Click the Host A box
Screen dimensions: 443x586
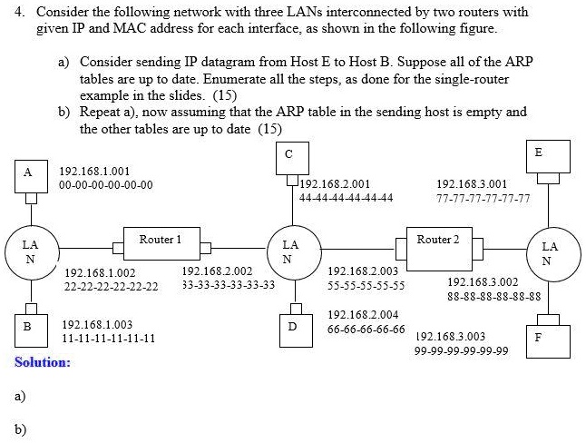[x=28, y=172]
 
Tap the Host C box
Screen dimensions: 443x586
[x=288, y=154]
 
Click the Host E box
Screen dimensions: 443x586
[x=539, y=153]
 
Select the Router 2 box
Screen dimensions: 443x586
[x=439, y=243]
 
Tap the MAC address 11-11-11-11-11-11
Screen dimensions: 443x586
[x=108, y=338]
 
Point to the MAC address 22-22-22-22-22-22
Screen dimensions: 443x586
[x=112, y=286]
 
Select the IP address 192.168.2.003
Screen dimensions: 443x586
[x=362, y=271]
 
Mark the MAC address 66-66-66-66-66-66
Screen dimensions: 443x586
[x=366, y=329]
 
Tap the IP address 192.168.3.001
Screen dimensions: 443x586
[x=471, y=183]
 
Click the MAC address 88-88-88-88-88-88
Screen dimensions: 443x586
[x=493, y=296]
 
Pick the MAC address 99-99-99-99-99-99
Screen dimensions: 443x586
[x=461, y=350]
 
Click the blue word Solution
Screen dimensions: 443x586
[x=42, y=362]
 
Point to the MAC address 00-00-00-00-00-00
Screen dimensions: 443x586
[x=105, y=184]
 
